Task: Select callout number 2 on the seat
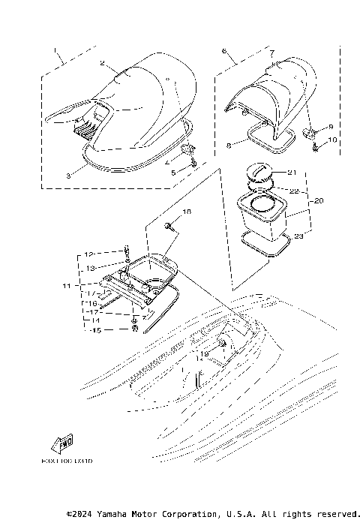tap(103, 64)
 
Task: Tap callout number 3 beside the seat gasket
tap(67, 174)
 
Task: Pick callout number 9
tap(331, 127)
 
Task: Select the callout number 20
tap(318, 202)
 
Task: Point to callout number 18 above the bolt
tap(187, 212)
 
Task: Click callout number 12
tap(88, 254)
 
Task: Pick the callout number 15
tap(96, 330)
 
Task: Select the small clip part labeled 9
tap(309, 132)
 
